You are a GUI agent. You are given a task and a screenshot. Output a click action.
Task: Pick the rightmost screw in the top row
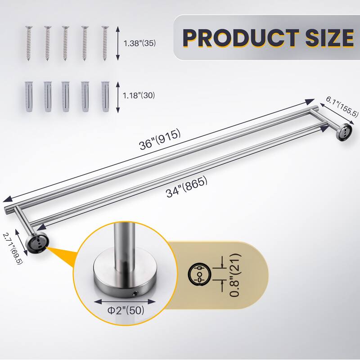click(x=105, y=43)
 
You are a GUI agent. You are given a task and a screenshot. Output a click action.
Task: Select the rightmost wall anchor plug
click(x=105, y=96)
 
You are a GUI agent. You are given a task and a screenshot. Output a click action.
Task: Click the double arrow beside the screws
click(x=118, y=43)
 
